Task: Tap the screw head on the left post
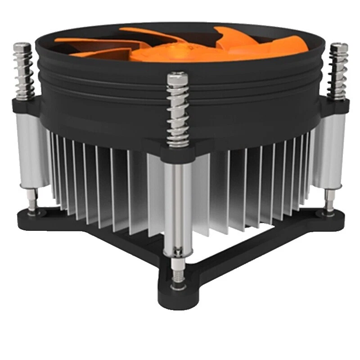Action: [22, 47]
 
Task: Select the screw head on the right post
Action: [338, 47]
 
